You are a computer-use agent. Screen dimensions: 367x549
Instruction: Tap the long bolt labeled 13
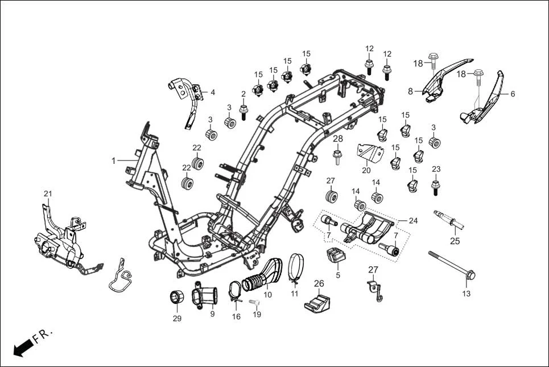click(x=452, y=265)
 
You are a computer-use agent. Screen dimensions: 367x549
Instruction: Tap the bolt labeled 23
click(x=436, y=187)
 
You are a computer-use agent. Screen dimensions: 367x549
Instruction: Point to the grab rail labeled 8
click(x=447, y=80)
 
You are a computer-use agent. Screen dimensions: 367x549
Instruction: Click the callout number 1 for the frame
click(x=113, y=161)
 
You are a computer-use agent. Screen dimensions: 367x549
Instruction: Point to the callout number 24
click(x=413, y=220)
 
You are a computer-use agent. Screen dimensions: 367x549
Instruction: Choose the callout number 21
click(x=48, y=194)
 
